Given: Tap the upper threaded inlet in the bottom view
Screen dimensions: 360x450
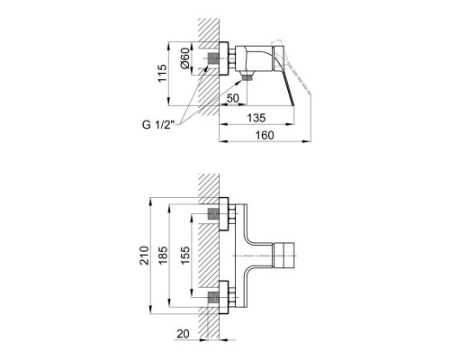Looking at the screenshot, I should pyautogui.click(x=216, y=215).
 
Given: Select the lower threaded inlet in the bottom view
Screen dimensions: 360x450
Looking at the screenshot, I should pyautogui.click(x=216, y=292).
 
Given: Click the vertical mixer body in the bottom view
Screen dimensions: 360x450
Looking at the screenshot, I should pyautogui.click(x=242, y=254).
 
